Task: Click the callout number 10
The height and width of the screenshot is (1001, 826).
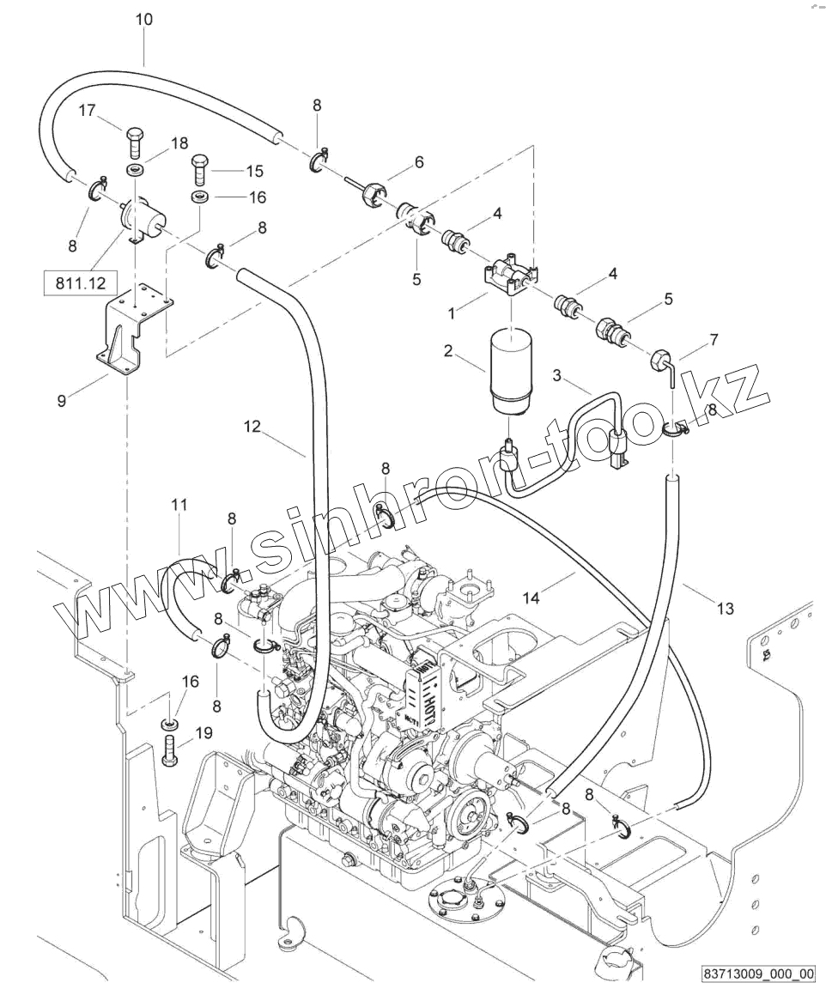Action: point(144,19)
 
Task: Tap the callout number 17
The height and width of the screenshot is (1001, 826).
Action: point(87,111)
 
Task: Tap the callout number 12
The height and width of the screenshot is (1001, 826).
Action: point(252,427)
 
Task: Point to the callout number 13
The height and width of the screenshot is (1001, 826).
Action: point(726,609)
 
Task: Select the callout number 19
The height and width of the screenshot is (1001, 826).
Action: point(203,733)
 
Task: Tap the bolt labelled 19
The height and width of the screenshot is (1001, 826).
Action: point(170,751)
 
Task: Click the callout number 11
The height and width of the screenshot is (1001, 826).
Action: point(179,505)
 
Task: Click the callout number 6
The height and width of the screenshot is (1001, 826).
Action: point(419,162)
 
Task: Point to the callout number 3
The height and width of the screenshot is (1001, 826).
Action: point(557,375)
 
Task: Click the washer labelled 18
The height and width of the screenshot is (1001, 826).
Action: point(133,171)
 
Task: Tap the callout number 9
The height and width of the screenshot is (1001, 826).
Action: point(61,401)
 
